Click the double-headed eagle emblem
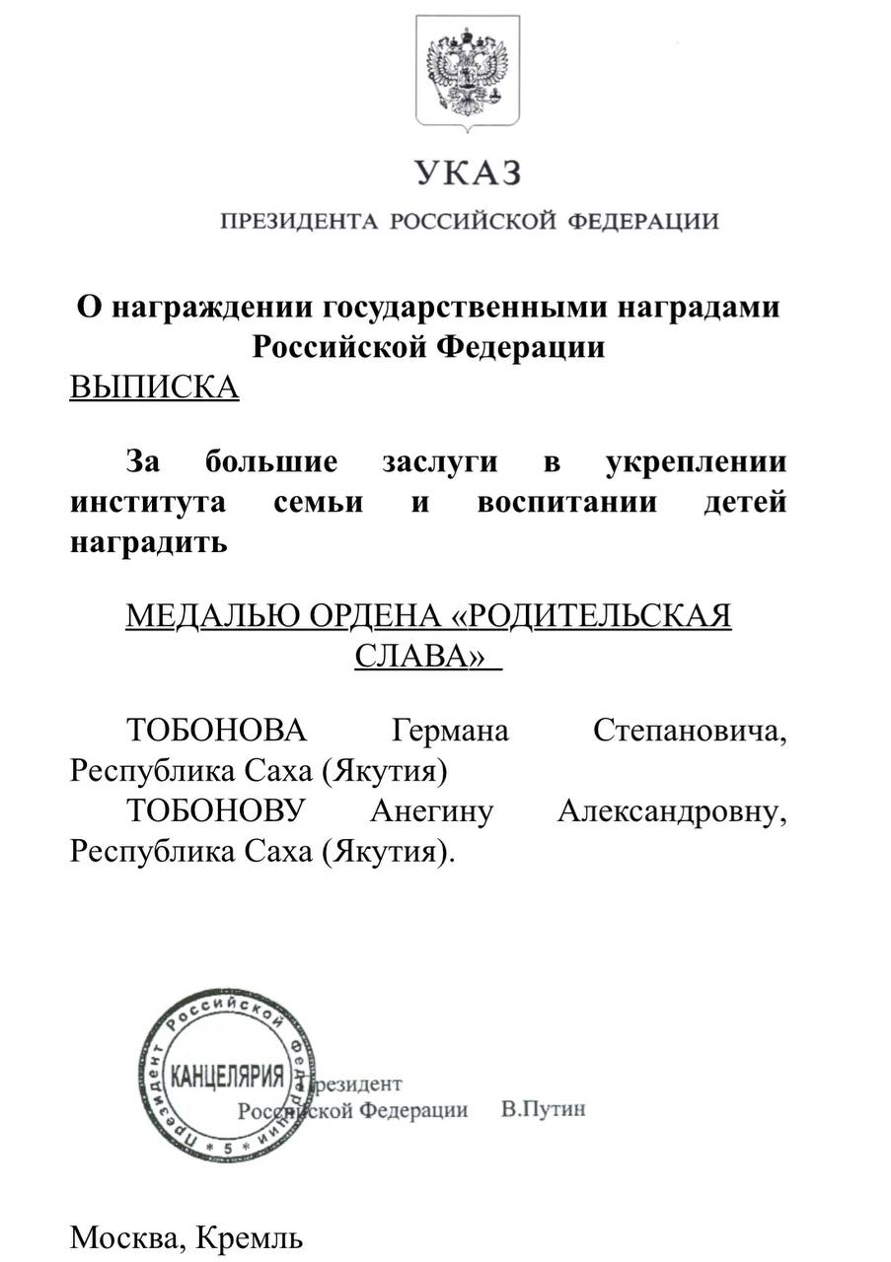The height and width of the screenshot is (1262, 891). (x=467, y=70)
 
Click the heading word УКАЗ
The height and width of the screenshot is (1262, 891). (x=467, y=174)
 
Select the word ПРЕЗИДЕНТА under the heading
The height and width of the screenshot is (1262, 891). (x=300, y=221)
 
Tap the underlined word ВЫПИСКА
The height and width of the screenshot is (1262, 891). (x=154, y=387)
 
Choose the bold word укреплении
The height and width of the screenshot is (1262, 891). (x=696, y=461)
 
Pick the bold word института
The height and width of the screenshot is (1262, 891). (x=148, y=502)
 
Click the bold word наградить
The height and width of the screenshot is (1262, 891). (x=148, y=542)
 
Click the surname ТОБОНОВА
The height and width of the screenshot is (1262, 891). (x=217, y=732)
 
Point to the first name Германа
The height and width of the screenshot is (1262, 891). (x=451, y=732)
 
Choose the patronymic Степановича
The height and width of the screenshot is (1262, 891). (x=691, y=732)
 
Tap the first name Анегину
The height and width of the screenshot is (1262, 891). (x=431, y=812)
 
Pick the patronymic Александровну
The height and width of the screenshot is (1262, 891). (x=672, y=812)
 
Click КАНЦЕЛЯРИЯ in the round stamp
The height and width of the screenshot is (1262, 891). (x=228, y=1073)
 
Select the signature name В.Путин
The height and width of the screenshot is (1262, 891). (x=543, y=1109)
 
